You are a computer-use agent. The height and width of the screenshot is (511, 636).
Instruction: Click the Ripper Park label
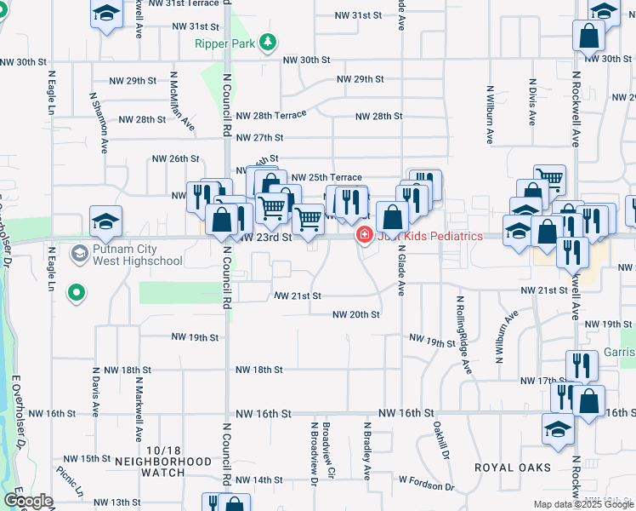tap(224, 43)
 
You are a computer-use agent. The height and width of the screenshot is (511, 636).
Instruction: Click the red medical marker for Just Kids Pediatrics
tap(365, 235)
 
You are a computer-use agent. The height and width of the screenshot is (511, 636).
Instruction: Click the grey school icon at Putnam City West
tap(79, 253)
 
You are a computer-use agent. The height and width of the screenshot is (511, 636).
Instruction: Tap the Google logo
tap(29, 502)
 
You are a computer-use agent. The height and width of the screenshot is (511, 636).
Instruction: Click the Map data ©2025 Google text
tap(583, 504)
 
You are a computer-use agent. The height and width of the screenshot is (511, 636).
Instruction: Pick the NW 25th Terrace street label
tap(327, 177)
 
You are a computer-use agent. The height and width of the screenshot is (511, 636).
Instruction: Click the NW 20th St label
tap(355, 314)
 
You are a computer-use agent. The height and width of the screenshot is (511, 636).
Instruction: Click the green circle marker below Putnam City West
tap(77, 294)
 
